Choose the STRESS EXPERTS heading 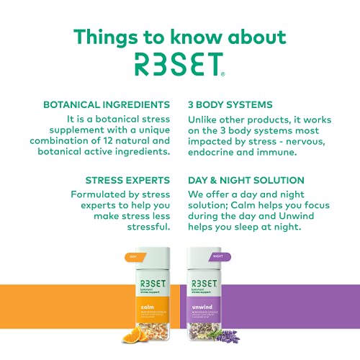(x=129, y=180)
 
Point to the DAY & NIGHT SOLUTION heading (x=246, y=180)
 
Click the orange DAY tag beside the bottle (x=133, y=257)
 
